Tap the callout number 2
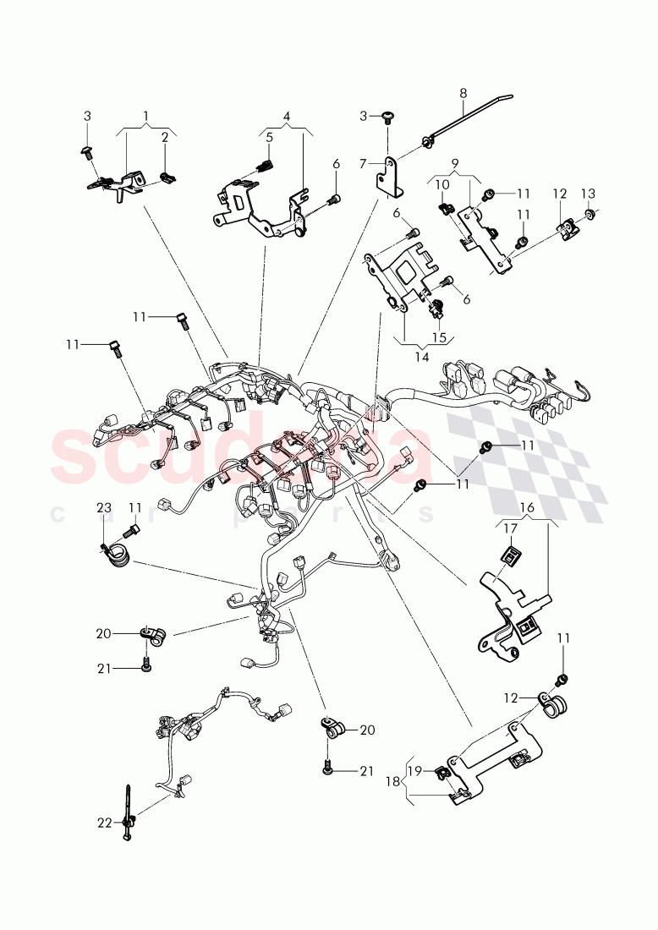coord(166,137)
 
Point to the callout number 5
coord(269,137)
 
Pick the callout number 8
coord(463,92)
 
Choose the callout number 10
coord(441,185)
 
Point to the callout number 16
coord(526,507)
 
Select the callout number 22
coord(103,822)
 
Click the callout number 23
coord(103,508)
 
